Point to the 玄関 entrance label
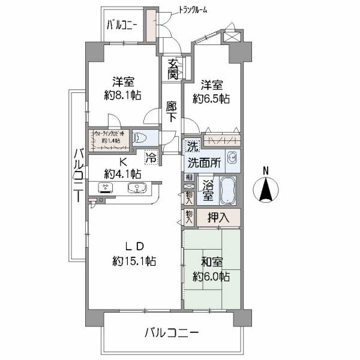coord(172,69)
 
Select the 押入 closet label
coord(217,217)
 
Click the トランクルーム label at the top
coord(193,10)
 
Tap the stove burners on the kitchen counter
coord(106,187)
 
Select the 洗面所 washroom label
coord(205,163)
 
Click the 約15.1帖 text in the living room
coord(134,261)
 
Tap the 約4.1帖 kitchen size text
coord(122,174)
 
